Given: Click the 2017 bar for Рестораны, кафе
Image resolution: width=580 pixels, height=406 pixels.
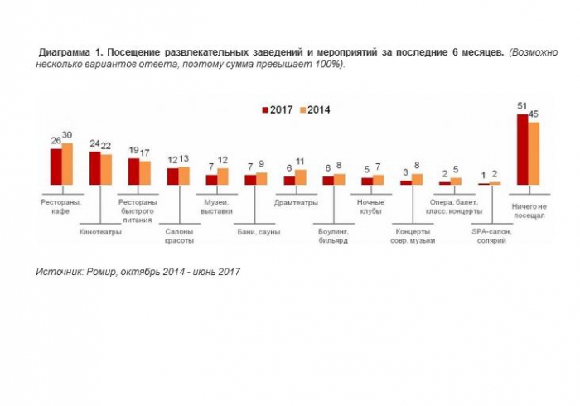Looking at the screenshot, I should click(x=56, y=167).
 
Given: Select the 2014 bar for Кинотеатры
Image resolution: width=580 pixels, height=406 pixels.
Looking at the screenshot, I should click(x=106, y=169).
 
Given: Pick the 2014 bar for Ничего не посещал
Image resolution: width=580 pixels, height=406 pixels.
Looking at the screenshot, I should click(x=534, y=153).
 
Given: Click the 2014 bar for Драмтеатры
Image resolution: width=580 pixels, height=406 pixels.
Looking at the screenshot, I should click(x=300, y=176).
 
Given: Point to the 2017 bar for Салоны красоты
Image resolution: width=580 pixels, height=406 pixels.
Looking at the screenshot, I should click(x=172, y=176).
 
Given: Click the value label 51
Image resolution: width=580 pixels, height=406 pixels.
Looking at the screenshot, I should click(x=522, y=106).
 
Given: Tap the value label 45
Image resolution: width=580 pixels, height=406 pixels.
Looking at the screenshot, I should click(x=534, y=114).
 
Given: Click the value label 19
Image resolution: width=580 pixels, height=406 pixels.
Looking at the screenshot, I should click(x=133, y=151).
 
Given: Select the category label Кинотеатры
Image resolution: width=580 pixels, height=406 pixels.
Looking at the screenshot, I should click(x=100, y=232).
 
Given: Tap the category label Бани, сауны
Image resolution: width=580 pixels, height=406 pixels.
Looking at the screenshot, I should click(x=257, y=232).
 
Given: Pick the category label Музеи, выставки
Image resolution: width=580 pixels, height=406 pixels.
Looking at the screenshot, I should click(x=217, y=206).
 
